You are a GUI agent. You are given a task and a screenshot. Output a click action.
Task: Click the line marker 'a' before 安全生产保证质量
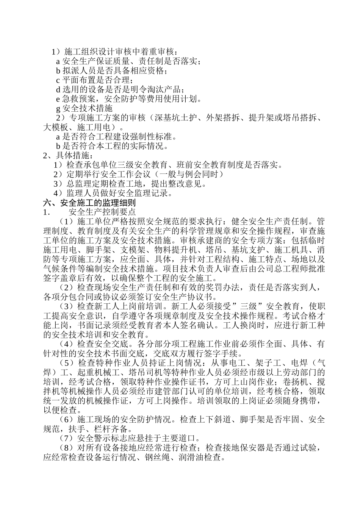[x=58, y=61]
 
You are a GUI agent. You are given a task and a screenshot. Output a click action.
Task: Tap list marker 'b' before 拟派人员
[x=58, y=70]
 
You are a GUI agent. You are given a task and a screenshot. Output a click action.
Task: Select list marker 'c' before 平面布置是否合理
[x=58, y=80]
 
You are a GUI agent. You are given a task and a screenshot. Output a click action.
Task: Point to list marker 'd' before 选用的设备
[x=58, y=89]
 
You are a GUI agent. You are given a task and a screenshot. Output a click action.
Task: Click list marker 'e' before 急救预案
[x=58, y=99]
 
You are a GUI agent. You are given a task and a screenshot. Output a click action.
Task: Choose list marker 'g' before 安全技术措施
[x=58, y=108]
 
